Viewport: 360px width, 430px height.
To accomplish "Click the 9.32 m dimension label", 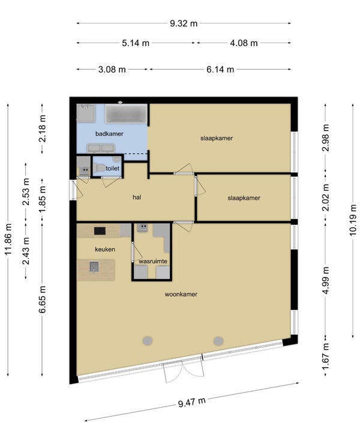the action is point(184,23).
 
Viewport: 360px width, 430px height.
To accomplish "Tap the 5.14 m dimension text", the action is point(136,43).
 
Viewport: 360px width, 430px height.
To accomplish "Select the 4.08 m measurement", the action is point(244,43).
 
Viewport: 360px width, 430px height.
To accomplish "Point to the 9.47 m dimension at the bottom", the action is point(192,402).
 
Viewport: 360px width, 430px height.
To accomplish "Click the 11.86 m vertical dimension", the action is point(8,239).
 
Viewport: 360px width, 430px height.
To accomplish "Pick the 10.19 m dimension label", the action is point(353,220).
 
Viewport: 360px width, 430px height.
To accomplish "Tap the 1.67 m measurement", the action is point(325,356).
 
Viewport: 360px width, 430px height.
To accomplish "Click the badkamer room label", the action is point(109,134).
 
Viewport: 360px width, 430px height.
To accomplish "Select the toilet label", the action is point(113,168).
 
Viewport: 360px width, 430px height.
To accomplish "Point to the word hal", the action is point(137,197).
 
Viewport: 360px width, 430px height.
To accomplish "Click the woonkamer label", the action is point(181,294).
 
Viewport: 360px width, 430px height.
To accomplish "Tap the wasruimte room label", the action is point(153,261).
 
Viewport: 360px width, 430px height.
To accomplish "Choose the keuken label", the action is point(105,249).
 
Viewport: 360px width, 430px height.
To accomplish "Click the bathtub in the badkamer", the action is point(126,113).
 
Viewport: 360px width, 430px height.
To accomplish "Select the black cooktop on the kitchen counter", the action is point(100,231).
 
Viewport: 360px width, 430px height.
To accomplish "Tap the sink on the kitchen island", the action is point(94,266).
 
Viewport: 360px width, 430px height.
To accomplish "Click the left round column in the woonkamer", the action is point(148,341).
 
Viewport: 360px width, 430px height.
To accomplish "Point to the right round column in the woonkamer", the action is point(218,341).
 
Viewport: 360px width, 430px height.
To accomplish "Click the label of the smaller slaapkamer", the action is point(244,198).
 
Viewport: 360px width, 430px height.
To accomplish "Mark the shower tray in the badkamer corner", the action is point(86,113).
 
